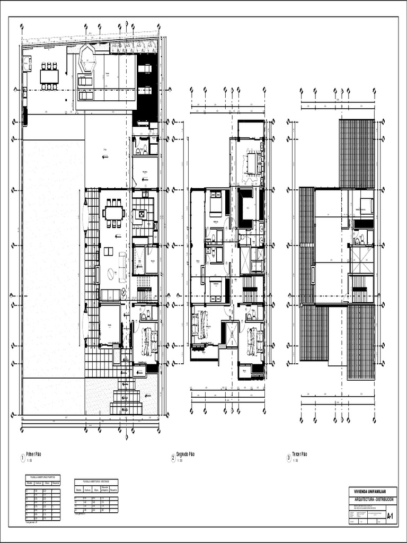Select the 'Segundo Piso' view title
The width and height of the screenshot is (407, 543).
click(x=186, y=454)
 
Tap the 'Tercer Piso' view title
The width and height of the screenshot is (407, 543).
click(x=300, y=454)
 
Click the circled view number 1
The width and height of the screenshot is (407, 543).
click(x=21, y=457)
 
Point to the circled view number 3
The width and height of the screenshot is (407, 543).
click(x=288, y=457)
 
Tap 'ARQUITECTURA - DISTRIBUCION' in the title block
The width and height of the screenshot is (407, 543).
click(x=373, y=500)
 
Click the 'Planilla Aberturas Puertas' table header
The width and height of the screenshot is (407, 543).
click(x=43, y=477)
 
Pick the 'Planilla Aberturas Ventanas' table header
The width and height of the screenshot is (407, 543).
click(x=96, y=481)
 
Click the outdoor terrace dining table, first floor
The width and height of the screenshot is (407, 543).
click(x=49, y=76)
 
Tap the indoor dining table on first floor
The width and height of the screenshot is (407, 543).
click(x=113, y=214)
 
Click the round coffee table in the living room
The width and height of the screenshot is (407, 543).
click(x=111, y=274)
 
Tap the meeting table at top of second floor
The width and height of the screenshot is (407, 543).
click(x=251, y=163)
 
